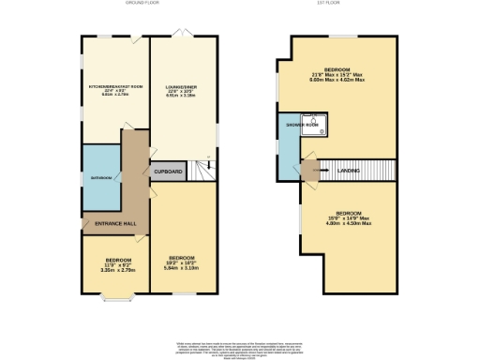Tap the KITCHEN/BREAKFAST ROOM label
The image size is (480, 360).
click(x=113, y=85)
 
